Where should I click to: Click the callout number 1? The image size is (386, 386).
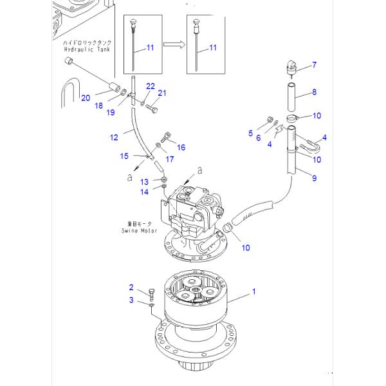(253, 291)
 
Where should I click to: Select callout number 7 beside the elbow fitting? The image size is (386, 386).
(315, 64)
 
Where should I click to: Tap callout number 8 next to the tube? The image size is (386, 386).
(314, 93)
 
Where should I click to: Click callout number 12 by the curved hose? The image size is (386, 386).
(113, 137)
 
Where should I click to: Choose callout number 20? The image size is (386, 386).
(86, 97)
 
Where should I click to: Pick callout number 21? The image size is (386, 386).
(162, 94)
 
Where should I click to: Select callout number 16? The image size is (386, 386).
(181, 147)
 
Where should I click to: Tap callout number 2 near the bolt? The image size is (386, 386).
(131, 287)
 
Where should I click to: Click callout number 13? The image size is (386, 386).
(145, 181)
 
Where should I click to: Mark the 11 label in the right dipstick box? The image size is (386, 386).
(213, 48)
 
